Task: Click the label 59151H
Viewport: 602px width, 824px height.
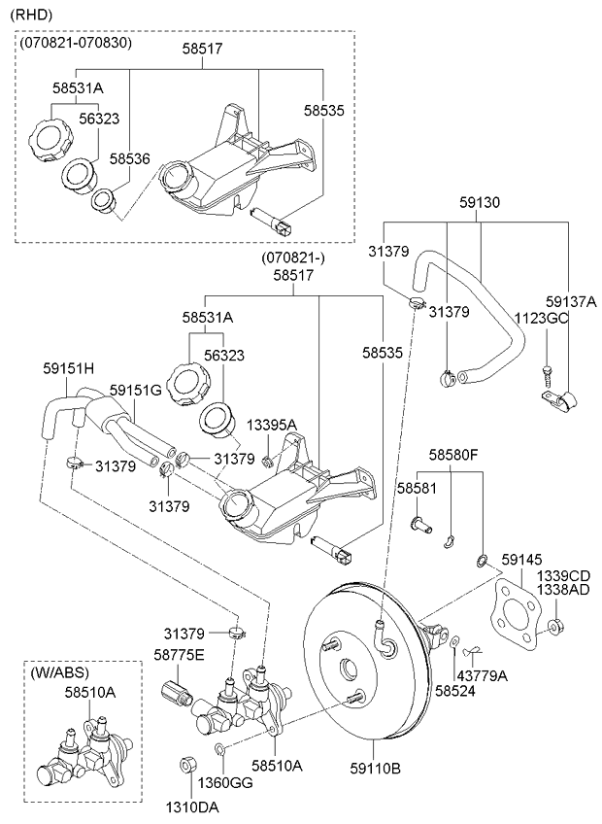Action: [68, 369]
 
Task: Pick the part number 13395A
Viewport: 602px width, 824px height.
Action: [271, 425]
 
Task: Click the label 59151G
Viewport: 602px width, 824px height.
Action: [135, 390]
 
